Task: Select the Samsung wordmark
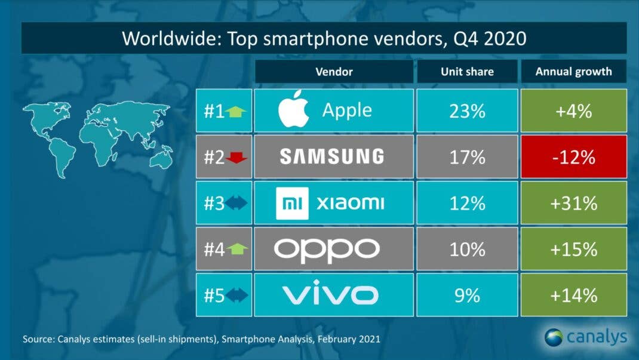tap(332, 156)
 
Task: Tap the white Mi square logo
tap(292, 203)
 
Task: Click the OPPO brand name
tap(327, 249)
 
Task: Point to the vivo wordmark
tap(330, 295)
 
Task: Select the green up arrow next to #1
tap(237, 111)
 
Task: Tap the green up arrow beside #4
tap(237, 249)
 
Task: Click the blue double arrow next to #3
tap(236, 203)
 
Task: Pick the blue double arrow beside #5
tap(236, 295)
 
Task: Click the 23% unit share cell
tap(468, 110)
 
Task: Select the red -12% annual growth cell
tap(573, 156)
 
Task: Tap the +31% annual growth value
tap(573, 203)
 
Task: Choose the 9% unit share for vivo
tap(468, 295)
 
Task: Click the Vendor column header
tap(334, 72)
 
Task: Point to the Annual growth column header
tap(573, 72)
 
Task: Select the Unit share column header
tap(468, 72)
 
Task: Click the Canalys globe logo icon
tap(553, 337)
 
